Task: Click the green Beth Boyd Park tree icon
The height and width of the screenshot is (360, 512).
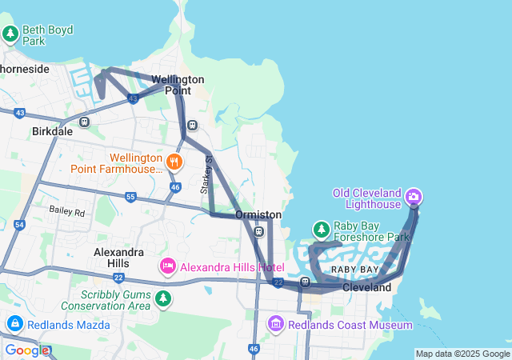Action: (10, 34)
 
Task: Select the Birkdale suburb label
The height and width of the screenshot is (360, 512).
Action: (52, 130)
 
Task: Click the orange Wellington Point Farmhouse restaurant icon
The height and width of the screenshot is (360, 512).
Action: (175, 162)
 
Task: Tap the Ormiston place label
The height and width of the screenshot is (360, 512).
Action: (258, 215)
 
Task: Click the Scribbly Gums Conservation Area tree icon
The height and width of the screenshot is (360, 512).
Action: (163, 298)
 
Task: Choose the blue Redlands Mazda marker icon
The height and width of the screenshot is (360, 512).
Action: (14, 324)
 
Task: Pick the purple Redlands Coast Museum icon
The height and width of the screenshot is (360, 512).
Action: (276, 324)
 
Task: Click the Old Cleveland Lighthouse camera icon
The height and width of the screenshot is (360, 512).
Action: (414, 196)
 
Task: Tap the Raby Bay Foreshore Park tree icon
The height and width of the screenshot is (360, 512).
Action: (321, 230)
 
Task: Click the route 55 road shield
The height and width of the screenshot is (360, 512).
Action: (130, 196)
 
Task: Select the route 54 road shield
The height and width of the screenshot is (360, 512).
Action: (19, 226)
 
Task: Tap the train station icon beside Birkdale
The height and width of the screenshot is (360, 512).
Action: (84, 122)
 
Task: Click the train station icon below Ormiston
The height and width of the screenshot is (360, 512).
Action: (258, 232)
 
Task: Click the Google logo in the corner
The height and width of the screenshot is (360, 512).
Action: (27, 350)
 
